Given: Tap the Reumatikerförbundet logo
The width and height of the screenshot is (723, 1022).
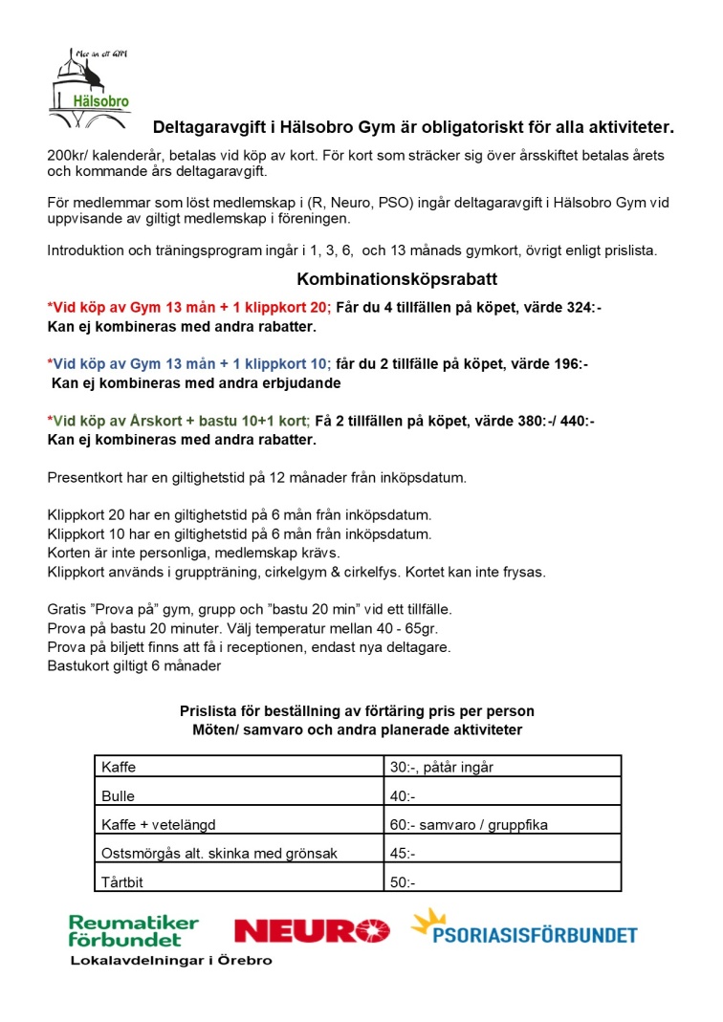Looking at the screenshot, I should [134, 930].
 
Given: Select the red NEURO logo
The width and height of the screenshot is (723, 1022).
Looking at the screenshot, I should [312, 930].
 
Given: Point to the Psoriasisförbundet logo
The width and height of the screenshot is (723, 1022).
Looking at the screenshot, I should [524, 927].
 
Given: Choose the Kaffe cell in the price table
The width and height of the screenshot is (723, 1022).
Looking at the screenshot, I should [119, 767].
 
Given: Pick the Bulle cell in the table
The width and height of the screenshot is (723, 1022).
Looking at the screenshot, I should [119, 795].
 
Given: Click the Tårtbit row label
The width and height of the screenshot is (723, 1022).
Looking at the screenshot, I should [122, 881].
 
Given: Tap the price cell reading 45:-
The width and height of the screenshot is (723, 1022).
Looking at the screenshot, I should [403, 853].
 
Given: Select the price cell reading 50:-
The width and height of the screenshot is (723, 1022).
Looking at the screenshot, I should [403, 881].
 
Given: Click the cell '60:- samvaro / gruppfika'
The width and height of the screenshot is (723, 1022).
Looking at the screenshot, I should [469, 824].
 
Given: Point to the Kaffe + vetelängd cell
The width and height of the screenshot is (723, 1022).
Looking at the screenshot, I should [159, 824].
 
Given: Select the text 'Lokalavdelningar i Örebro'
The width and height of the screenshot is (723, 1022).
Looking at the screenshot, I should [171, 960].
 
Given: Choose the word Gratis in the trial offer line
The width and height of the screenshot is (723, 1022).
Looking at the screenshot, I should [67, 609].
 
